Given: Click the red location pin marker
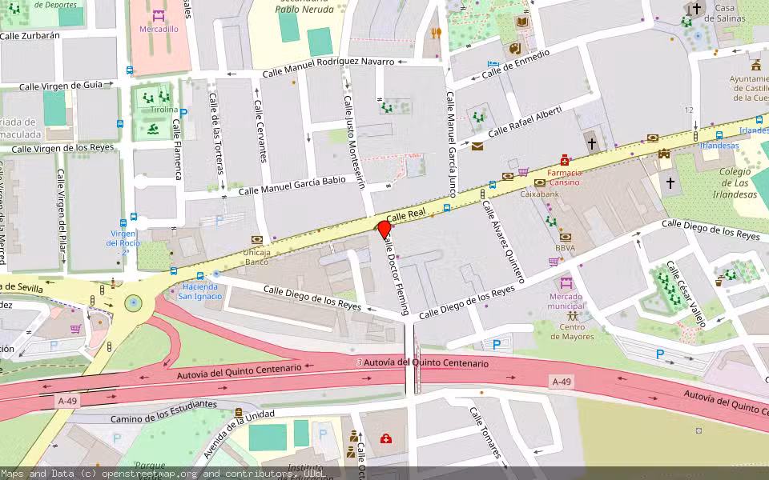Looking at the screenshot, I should [384, 230].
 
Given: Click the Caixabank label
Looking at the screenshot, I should [538, 194].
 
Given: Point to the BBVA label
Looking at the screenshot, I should [566, 248].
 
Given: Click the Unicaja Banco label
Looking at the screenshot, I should [256, 257].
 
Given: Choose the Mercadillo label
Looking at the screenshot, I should [159, 29].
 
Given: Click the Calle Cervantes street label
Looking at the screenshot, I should [260, 130].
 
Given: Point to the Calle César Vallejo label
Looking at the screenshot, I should [687, 294].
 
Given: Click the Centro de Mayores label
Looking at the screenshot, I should [572, 331].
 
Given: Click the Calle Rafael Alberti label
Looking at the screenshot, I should [525, 120].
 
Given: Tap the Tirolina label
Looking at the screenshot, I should [163, 109].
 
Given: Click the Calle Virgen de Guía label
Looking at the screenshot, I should [61, 86].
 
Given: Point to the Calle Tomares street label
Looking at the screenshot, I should [485, 433].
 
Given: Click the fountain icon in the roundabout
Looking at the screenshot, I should [133, 303].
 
